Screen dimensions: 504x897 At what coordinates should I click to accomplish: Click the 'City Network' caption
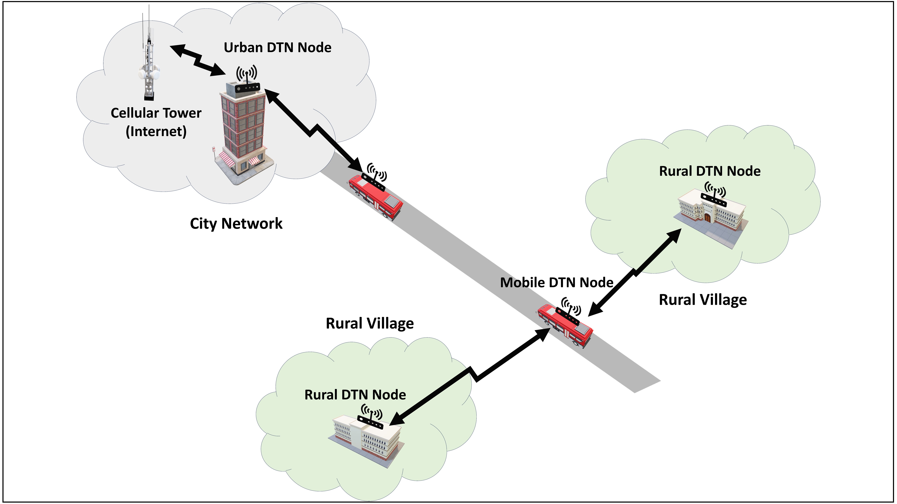(x=236, y=223)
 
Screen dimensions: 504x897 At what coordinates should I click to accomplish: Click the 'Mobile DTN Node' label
(x=556, y=282)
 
